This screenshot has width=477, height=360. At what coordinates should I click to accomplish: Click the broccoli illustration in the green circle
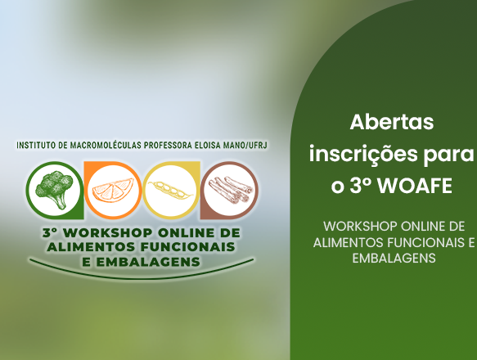(x=54, y=189)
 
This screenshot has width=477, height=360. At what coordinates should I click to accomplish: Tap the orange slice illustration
(x=113, y=191)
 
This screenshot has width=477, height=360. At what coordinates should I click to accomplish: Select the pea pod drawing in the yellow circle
(x=170, y=190)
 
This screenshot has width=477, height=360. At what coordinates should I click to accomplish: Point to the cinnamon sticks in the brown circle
(x=230, y=189)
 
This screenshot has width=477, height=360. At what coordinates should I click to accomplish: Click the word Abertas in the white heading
(x=392, y=122)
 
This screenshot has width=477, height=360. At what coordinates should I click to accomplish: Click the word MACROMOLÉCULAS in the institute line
(x=106, y=145)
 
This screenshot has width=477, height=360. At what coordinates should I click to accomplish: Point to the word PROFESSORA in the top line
(x=168, y=145)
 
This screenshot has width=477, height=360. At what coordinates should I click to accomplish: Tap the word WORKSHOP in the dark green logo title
(x=108, y=233)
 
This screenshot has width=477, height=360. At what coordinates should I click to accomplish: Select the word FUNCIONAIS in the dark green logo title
(x=187, y=247)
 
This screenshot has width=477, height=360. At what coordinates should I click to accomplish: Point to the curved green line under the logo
(x=142, y=277)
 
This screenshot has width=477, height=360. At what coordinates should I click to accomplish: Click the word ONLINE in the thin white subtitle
(x=417, y=227)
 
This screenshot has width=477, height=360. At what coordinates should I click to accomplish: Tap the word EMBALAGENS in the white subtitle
(x=394, y=259)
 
